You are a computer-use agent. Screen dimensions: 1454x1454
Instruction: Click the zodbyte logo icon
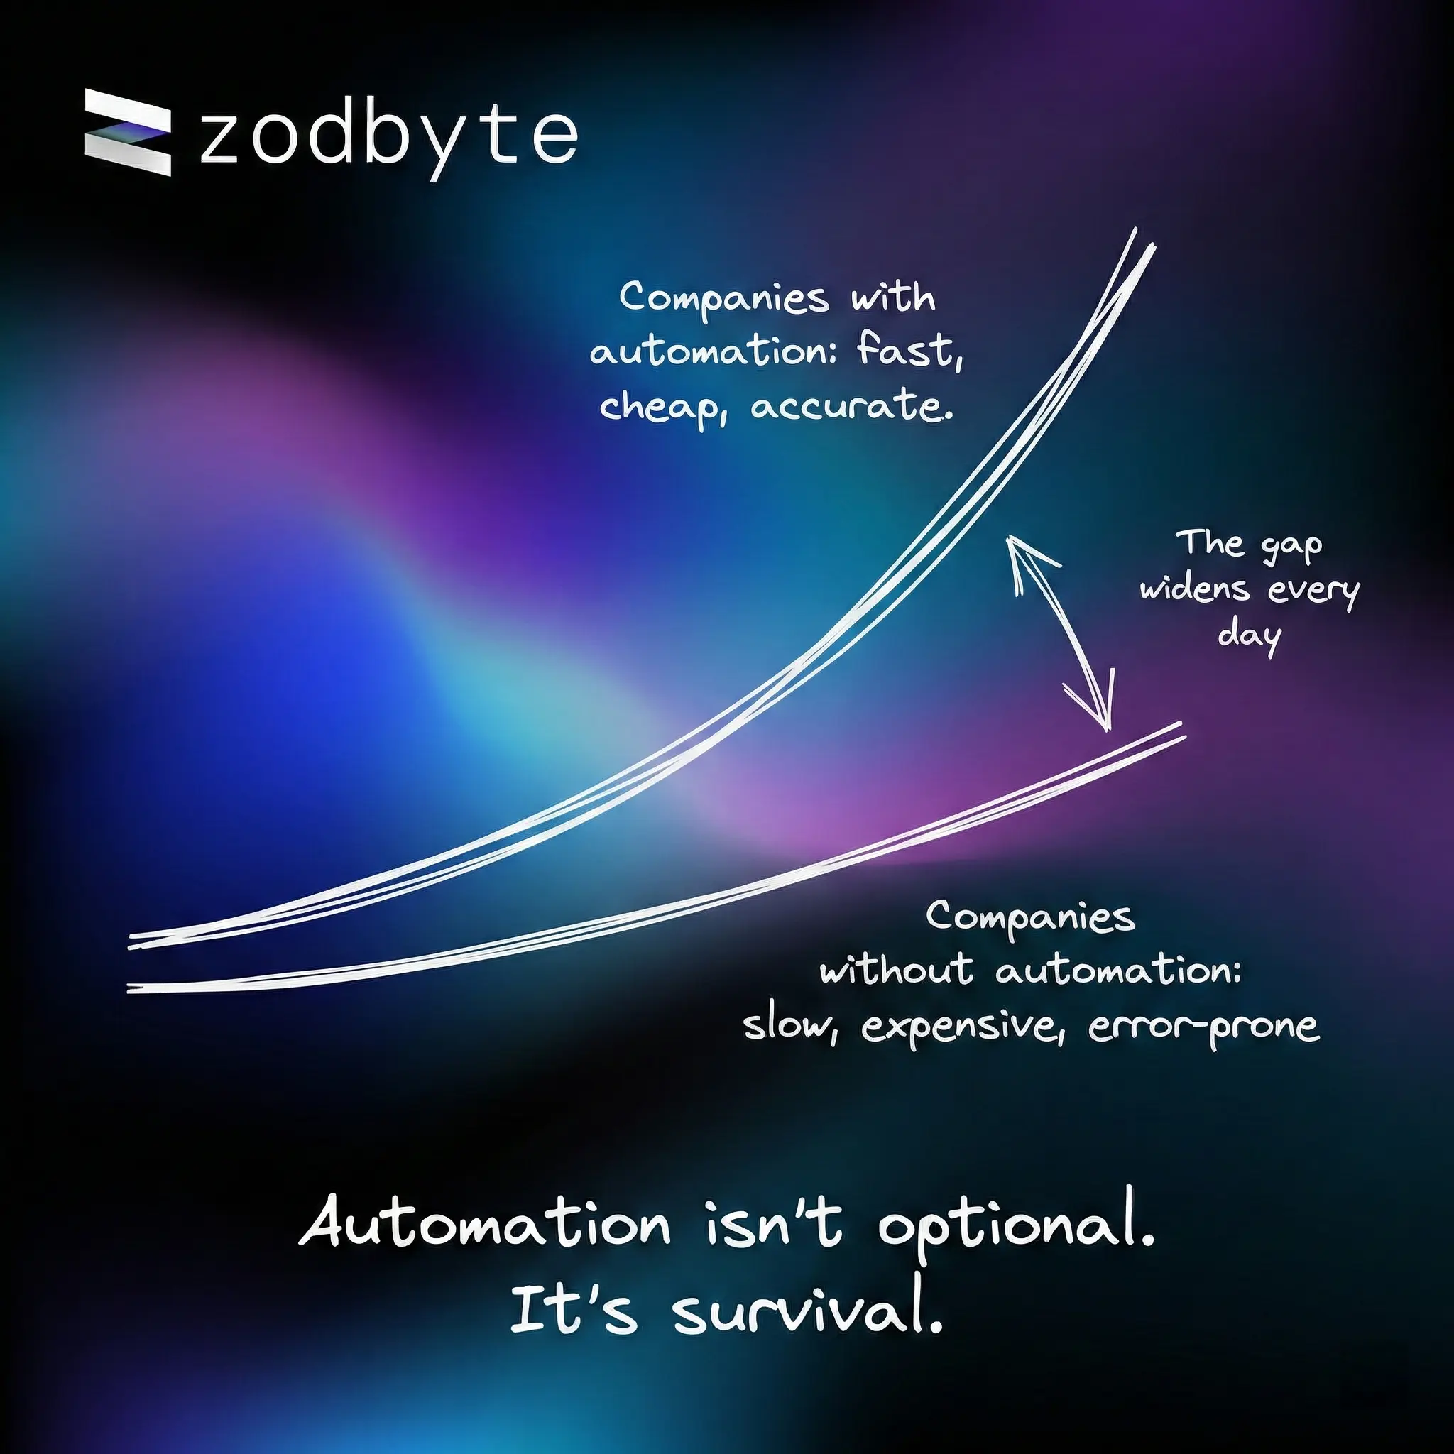pos(128,133)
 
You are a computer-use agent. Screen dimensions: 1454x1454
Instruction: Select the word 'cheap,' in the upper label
pos(663,409)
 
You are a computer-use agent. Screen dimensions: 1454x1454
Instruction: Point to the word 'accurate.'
pos(852,407)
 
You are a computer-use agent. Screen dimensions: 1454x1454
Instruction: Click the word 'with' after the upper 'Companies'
pos(893,298)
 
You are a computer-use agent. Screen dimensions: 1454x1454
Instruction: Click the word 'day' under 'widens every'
pos(1250,637)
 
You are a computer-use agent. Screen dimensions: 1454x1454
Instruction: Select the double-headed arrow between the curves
pos(1061,632)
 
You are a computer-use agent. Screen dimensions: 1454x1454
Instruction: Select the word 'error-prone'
pos(1203,1026)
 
